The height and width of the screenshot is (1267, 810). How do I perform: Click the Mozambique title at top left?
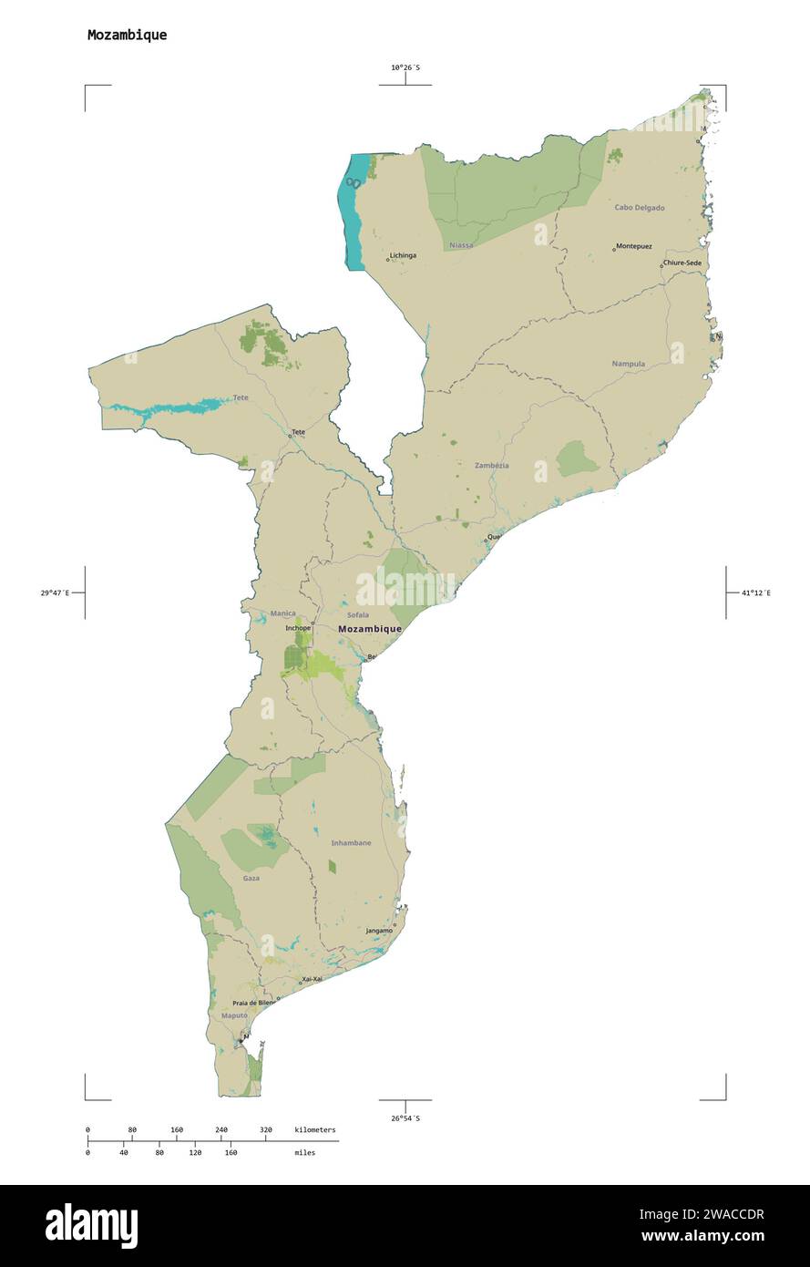(x=127, y=36)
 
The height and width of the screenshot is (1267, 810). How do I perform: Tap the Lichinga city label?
(x=403, y=255)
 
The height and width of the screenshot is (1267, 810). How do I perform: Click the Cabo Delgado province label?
(x=639, y=208)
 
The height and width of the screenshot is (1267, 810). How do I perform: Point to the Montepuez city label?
(x=634, y=246)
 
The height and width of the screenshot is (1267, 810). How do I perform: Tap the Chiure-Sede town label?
(x=683, y=263)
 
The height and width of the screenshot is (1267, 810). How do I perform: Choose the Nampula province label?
(x=629, y=364)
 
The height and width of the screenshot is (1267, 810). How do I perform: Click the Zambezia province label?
(x=492, y=466)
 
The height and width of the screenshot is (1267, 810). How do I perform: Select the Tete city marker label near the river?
(x=298, y=431)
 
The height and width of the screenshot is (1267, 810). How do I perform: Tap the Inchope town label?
(x=298, y=628)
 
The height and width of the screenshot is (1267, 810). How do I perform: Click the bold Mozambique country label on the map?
(x=369, y=629)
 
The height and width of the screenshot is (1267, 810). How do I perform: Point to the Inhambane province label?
(x=351, y=843)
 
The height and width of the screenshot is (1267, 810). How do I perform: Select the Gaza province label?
(x=251, y=878)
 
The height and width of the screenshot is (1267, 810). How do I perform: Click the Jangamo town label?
(x=379, y=931)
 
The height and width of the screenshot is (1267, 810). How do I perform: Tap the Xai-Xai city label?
(x=312, y=979)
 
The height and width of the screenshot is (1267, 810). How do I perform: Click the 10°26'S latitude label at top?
(x=405, y=67)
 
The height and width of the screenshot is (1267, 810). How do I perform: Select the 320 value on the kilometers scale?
(x=266, y=1130)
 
